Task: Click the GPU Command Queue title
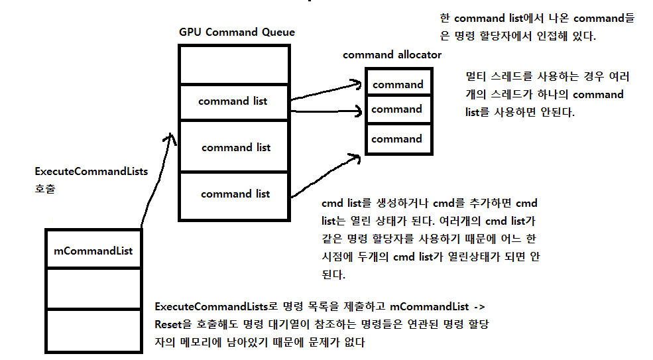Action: point(237,32)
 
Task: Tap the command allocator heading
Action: point(392,55)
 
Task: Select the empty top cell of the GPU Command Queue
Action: point(234,65)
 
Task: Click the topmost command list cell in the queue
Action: point(233,101)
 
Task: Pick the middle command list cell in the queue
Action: point(235,147)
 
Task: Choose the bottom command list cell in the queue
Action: point(235,194)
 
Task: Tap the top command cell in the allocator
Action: point(398,84)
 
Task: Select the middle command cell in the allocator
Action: point(396,109)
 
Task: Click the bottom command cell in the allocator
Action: point(396,139)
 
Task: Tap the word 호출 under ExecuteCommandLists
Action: point(44,189)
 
